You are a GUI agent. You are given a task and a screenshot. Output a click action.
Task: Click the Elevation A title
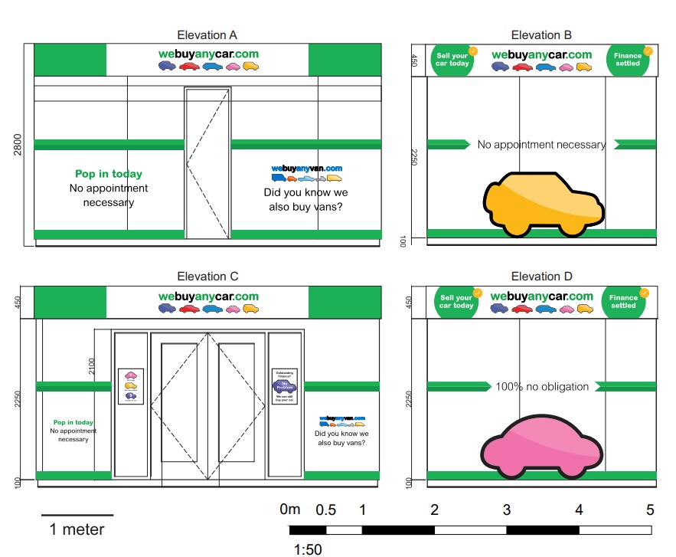click(x=207, y=34)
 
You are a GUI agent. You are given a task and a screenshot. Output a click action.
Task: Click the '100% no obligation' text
click(x=542, y=387)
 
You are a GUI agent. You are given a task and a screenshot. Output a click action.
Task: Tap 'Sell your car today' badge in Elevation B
click(x=452, y=60)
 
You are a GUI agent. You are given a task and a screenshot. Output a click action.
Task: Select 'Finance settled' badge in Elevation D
click(x=624, y=302)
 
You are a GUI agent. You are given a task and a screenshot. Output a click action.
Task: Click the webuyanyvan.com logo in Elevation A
click(x=306, y=169)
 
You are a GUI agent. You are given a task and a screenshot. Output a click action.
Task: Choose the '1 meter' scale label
click(x=77, y=529)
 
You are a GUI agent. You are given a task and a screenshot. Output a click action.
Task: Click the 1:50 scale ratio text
click(x=308, y=549)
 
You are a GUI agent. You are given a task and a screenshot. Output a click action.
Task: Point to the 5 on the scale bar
click(x=650, y=509)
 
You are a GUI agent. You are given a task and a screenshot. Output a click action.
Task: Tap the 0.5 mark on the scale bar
click(x=325, y=509)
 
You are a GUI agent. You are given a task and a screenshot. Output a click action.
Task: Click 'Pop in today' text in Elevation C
click(x=73, y=422)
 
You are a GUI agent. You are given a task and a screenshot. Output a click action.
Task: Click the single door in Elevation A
click(x=207, y=163)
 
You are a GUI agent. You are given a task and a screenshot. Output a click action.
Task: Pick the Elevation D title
click(x=541, y=277)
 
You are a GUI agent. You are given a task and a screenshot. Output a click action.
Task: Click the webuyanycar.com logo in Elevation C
click(x=208, y=297)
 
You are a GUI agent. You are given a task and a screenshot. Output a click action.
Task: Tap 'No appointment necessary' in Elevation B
click(x=541, y=144)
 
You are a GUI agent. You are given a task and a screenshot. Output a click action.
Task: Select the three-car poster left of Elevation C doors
click(x=130, y=385)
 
